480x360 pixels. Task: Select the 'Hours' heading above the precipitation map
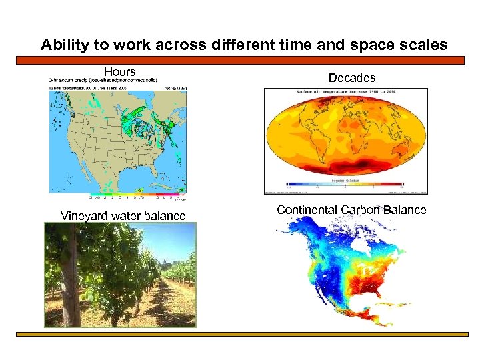click(x=120, y=72)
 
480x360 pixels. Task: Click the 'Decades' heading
click(x=352, y=78)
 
